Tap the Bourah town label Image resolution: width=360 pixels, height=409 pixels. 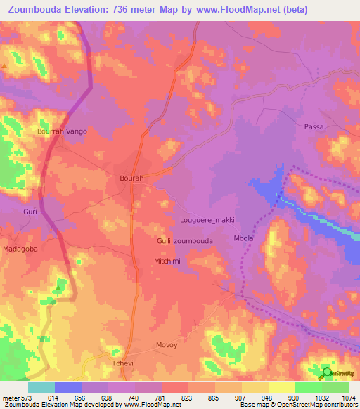(131, 179)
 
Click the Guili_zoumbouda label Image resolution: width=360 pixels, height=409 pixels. (184, 240)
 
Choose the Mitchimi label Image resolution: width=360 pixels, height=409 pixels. (168, 261)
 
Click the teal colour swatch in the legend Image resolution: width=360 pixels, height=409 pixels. (41, 387)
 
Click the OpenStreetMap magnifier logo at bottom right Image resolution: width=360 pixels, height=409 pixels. (328, 372)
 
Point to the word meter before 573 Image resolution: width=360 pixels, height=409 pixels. (10, 397)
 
